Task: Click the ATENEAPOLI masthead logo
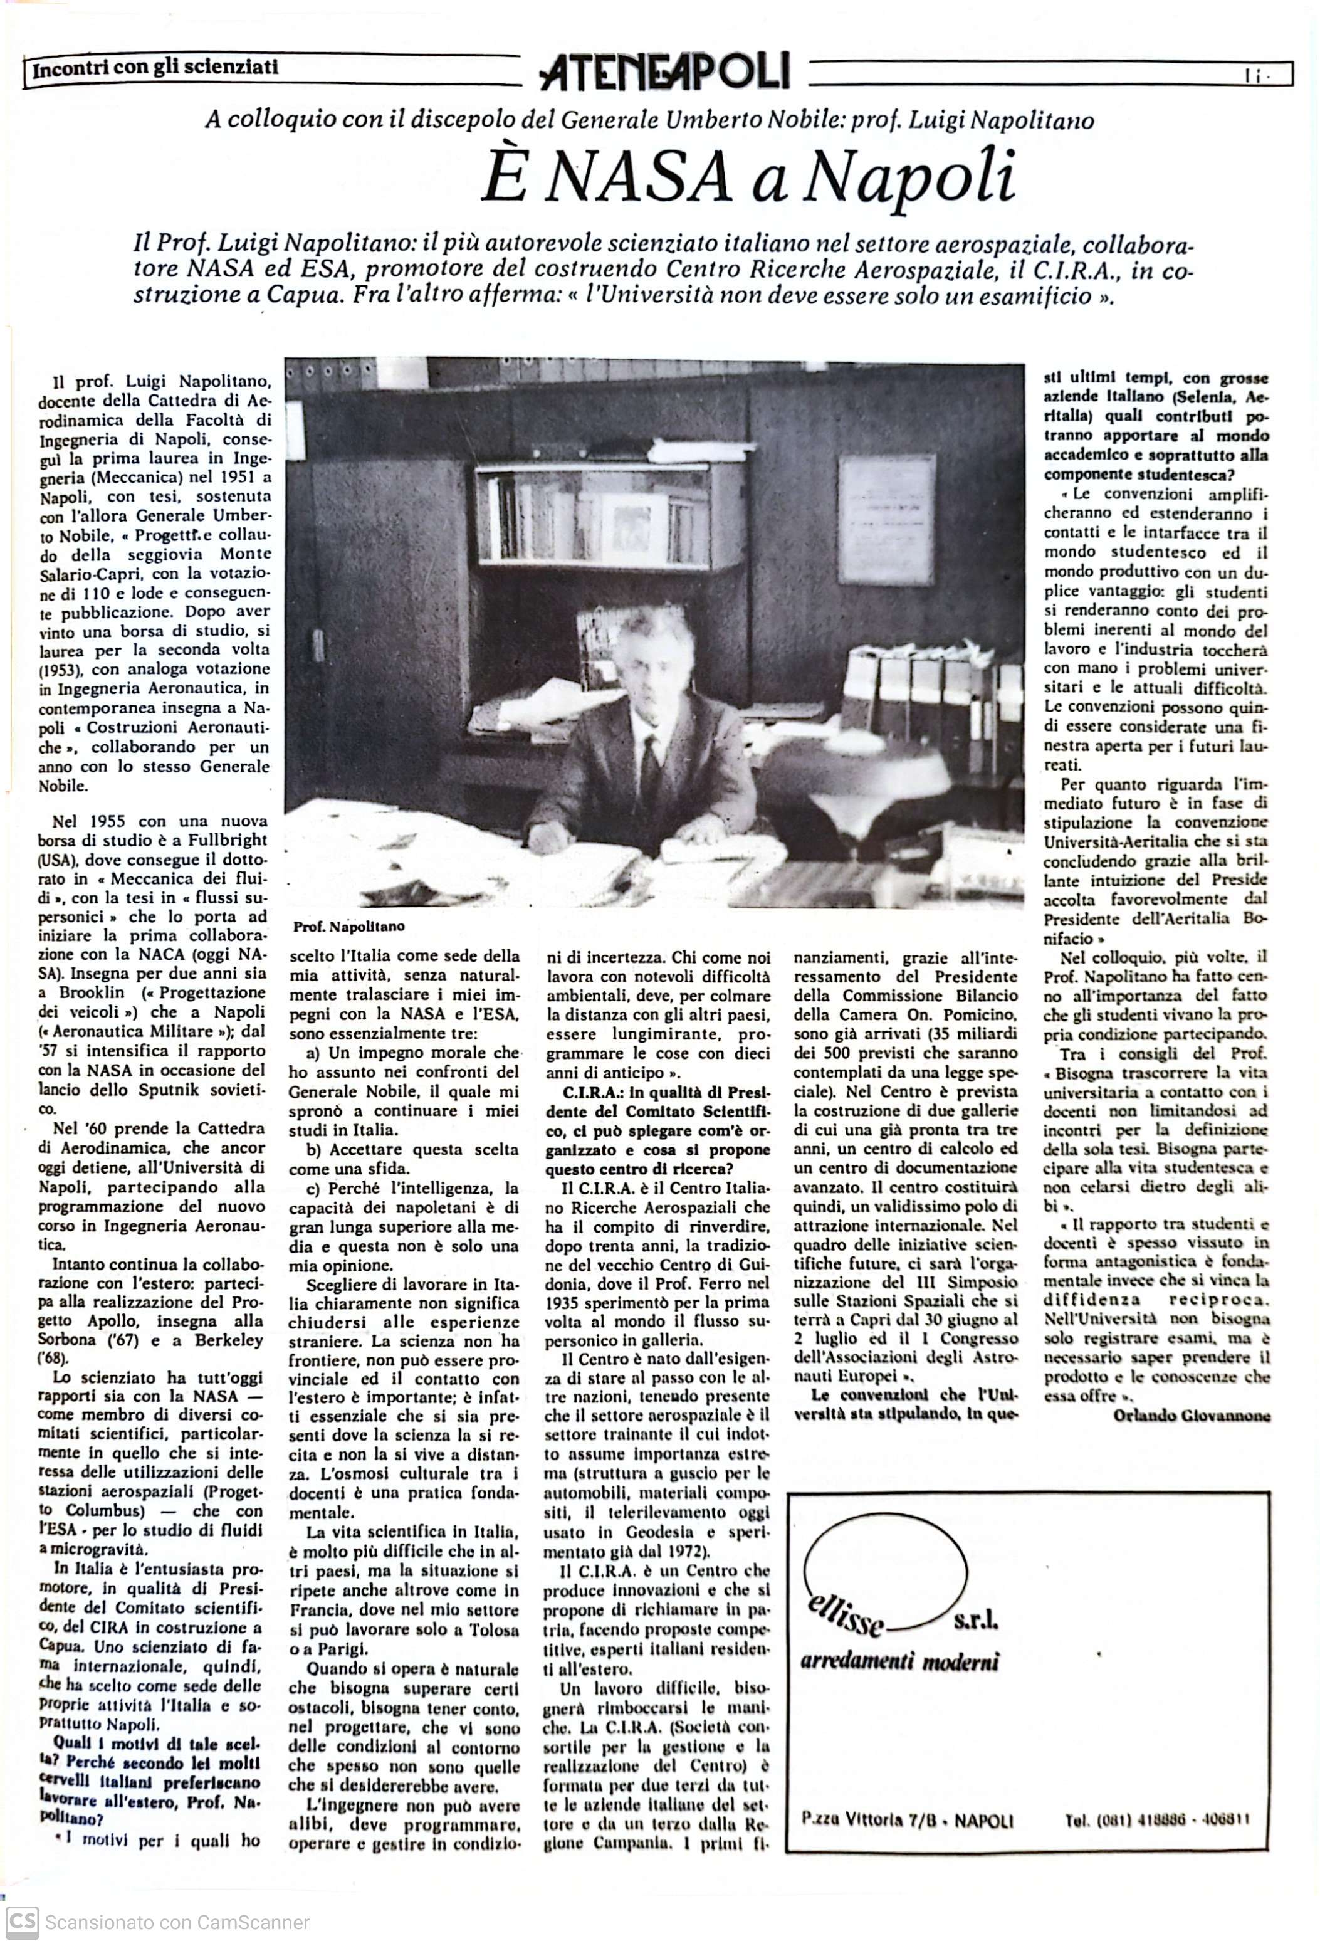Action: click(666, 72)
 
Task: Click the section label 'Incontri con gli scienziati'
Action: click(155, 68)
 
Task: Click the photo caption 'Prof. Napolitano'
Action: click(348, 926)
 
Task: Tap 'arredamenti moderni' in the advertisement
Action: click(900, 1661)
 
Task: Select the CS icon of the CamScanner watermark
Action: click(22, 1922)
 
